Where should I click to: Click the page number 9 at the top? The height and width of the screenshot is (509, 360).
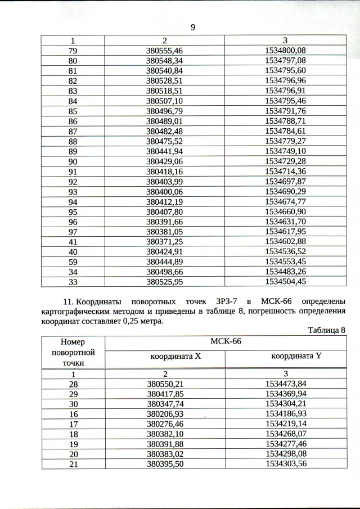(x=192, y=27)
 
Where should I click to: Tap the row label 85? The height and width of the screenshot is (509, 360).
(x=73, y=111)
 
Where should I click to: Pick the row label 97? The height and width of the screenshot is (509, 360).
(x=73, y=232)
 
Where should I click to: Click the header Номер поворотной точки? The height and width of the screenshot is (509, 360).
(x=73, y=353)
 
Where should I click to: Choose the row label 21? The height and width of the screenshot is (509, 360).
(x=73, y=464)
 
